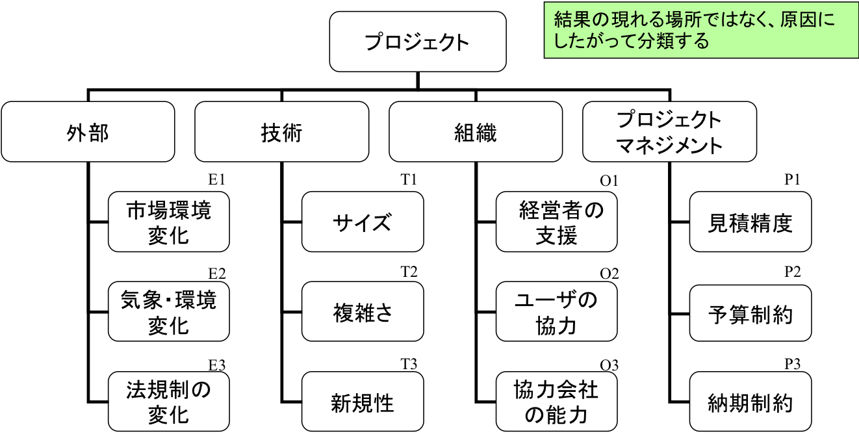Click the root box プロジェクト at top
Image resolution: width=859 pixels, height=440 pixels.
pyautogui.click(x=417, y=42)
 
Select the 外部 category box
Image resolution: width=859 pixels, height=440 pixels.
pyautogui.click(x=88, y=132)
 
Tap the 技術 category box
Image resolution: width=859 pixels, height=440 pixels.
pyautogui.click(x=281, y=132)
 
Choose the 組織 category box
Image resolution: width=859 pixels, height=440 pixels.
pyautogui.click(x=476, y=132)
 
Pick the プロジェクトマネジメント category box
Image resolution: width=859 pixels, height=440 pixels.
pyautogui.click(x=669, y=132)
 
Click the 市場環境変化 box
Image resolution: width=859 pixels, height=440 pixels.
pyautogui.click(x=169, y=222)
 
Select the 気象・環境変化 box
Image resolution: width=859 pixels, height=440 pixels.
pyautogui.click(x=169, y=311)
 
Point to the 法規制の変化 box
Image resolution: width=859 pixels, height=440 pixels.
pyautogui.click(x=169, y=402)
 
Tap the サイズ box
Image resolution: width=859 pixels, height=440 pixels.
pyautogui.click(x=363, y=222)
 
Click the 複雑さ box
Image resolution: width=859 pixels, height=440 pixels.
pyautogui.click(x=363, y=311)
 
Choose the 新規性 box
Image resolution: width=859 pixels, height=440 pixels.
pyautogui.click(x=363, y=402)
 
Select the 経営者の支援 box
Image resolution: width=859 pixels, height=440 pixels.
pyautogui.click(x=557, y=222)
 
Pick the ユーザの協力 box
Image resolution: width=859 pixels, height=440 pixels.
pyautogui.click(x=557, y=311)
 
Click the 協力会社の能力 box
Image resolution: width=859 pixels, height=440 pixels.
pyautogui.click(x=557, y=402)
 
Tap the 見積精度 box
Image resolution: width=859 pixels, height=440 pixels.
pyautogui.click(x=750, y=222)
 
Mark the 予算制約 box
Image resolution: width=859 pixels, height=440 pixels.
pyautogui.click(x=750, y=311)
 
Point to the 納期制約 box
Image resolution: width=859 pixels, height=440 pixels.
pyautogui.click(x=750, y=402)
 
